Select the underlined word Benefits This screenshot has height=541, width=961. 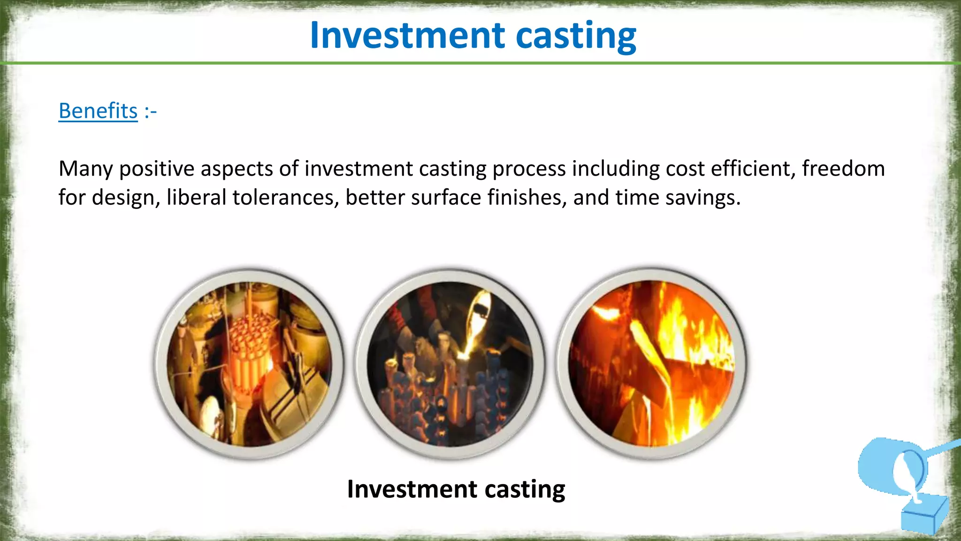point(98,111)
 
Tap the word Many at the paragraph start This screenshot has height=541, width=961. point(85,169)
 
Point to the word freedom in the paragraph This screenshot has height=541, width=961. point(843,169)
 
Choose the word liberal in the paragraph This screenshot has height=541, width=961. point(197,197)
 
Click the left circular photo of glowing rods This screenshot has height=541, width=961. point(249,364)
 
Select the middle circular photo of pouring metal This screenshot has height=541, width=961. point(450,364)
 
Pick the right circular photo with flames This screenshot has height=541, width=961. point(651,363)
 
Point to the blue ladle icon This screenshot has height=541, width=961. point(892,465)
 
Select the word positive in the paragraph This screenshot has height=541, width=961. point(157,169)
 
